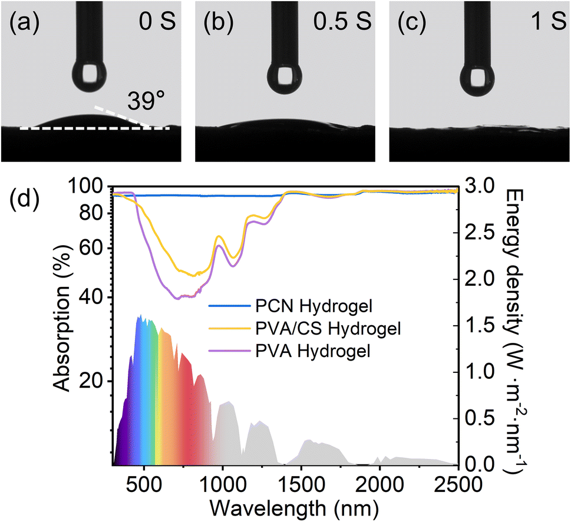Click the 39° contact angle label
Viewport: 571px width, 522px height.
click(x=146, y=101)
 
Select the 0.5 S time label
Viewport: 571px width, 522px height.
click(x=342, y=21)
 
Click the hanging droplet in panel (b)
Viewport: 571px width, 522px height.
click(x=284, y=78)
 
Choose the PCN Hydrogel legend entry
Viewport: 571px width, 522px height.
click(x=291, y=306)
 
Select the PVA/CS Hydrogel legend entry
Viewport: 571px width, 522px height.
click(x=305, y=328)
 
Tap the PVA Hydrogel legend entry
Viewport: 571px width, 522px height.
click(x=289, y=351)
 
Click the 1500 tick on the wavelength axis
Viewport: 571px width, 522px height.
click(x=301, y=484)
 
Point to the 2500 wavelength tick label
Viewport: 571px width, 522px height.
click(x=458, y=484)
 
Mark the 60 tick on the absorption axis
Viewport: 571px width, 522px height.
click(x=91, y=248)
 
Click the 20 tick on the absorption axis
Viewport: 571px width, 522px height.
click(x=91, y=381)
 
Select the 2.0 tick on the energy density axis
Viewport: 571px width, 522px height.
click(x=480, y=279)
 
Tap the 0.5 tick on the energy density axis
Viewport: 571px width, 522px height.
click(x=480, y=419)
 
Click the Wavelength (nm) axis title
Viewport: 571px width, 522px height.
click(x=294, y=508)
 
